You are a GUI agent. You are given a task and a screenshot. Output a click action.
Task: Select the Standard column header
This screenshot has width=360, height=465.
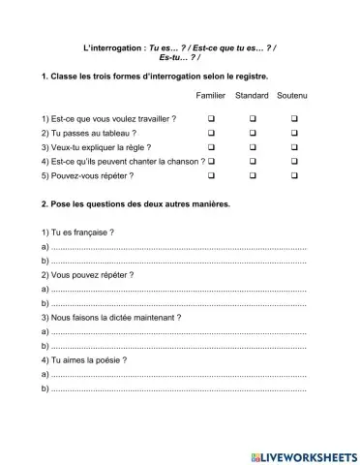(252, 96)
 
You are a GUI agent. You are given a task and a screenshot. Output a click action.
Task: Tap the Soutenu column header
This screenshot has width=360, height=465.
(292, 96)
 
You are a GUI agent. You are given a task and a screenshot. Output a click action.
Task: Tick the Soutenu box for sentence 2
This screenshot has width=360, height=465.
(292, 132)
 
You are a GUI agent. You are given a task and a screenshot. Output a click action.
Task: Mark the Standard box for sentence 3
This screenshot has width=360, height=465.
(252, 147)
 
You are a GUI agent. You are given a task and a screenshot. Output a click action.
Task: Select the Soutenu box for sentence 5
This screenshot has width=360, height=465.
(292, 177)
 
